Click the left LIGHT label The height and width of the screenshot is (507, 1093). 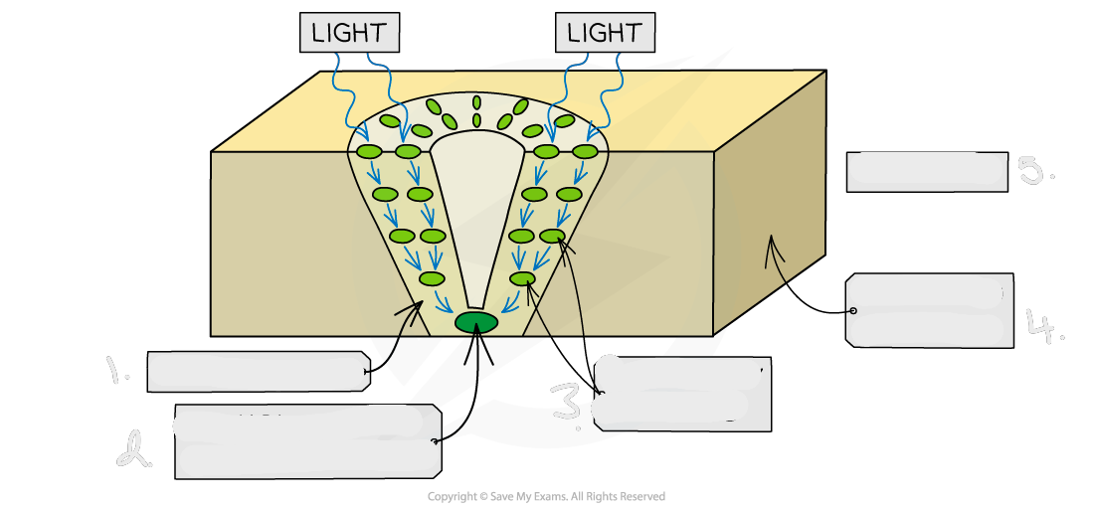coord(349,33)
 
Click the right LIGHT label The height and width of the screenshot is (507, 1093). coord(605,33)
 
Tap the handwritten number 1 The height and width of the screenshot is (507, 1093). coord(117,371)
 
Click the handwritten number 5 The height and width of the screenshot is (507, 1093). coord(1034,171)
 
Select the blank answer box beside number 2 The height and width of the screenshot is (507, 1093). coord(308,441)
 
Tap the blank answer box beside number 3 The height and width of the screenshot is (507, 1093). coord(682,394)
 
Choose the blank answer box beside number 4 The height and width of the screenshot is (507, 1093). coord(929,311)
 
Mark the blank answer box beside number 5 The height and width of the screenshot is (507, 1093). coord(927,171)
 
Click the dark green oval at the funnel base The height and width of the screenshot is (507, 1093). coord(475,323)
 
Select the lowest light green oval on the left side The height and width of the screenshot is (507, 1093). coord(433,279)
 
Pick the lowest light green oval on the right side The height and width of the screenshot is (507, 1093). coord(522,279)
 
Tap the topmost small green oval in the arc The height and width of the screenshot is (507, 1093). coord(476,102)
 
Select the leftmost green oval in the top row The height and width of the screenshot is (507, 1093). coord(369,152)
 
